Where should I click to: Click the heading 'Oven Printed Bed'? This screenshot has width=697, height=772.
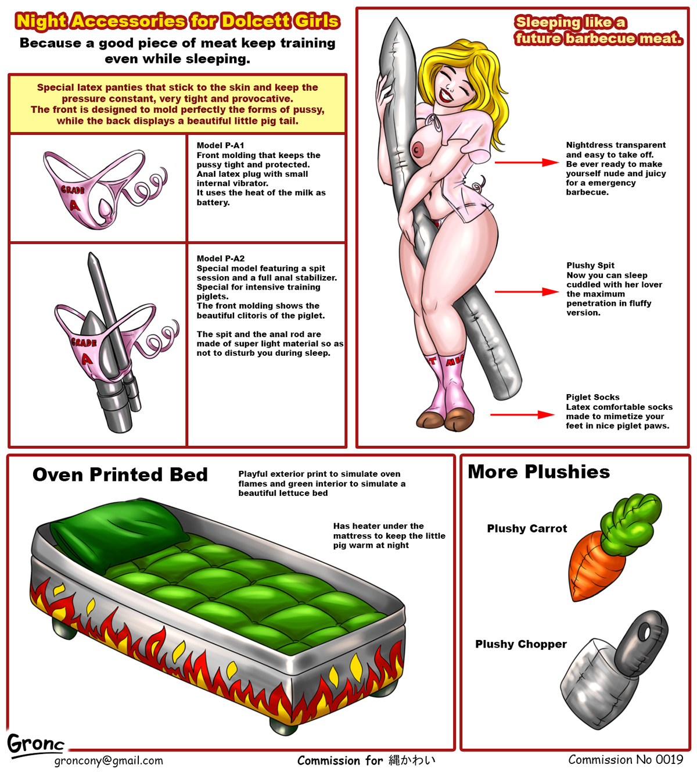coord(120,474)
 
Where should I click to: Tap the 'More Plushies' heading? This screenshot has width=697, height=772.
coord(538,472)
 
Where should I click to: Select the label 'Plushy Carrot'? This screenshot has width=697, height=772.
coord(527,528)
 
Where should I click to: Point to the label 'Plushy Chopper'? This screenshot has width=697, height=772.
coord(521,644)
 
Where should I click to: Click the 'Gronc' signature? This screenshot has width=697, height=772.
coord(35,745)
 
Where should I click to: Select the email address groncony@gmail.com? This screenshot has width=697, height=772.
coord(109,760)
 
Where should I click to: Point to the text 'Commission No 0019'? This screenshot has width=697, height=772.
coord(626,759)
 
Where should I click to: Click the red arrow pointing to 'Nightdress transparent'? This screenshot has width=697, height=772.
coord(526,163)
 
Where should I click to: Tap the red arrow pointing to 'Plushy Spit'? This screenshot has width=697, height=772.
coord(526,292)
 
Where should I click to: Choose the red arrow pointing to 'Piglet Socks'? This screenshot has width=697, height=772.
coord(522,415)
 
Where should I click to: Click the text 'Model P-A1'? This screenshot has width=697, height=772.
coord(220,145)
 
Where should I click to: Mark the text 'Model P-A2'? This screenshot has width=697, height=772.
coord(220,259)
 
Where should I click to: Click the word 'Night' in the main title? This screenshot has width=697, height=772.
coord(42,22)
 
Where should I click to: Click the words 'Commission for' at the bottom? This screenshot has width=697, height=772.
coord(340,760)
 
